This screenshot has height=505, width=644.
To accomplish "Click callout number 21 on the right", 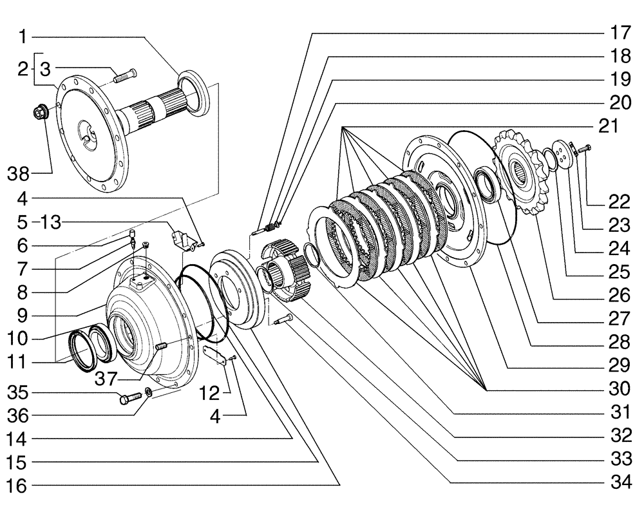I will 609,126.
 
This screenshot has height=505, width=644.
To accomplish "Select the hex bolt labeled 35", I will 127,399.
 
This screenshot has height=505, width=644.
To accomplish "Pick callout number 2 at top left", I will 23,69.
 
